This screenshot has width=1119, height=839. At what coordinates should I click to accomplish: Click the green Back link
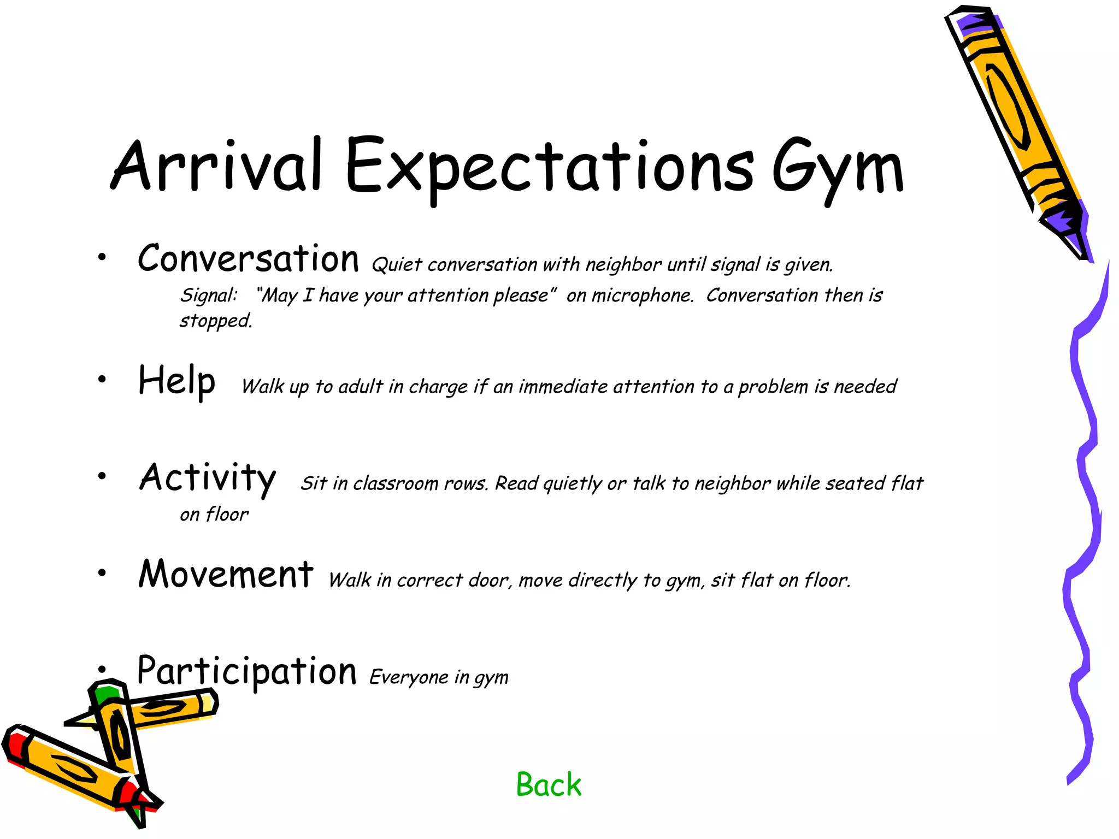pos(549,785)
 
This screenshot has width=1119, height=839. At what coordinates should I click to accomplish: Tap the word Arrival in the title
pos(216,165)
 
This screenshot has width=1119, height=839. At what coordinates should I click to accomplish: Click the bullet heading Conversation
pos(248,258)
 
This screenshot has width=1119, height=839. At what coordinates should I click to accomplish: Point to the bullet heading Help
pos(176,381)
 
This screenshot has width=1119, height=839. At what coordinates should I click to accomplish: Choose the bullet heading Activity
pos(208,478)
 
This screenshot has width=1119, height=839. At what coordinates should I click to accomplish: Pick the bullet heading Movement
pos(226,575)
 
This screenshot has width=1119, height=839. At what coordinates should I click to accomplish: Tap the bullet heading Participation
pos(246,671)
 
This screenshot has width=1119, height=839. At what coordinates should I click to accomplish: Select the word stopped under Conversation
pos(216,321)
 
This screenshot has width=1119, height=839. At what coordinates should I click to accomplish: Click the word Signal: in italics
pos(209,296)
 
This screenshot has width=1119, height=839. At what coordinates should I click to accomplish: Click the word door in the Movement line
pos(488,580)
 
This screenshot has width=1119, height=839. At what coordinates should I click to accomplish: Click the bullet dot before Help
pos(102,379)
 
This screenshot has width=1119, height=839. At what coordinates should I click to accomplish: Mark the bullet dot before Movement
pos(102,572)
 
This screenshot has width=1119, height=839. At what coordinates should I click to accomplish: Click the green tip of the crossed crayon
pos(105,694)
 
